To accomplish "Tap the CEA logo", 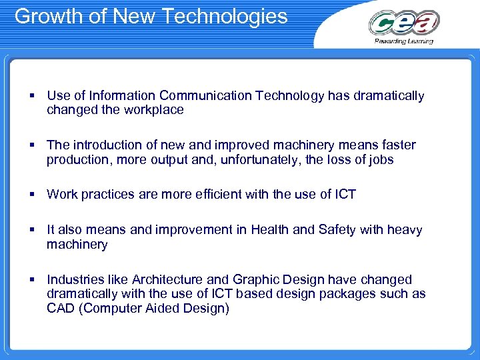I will click(x=404, y=23).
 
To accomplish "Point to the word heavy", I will click(x=404, y=230).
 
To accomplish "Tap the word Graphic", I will click(x=254, y=279).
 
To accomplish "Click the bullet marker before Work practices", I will click(x=32, y=195).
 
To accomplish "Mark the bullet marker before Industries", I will click(x=32, y=280).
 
